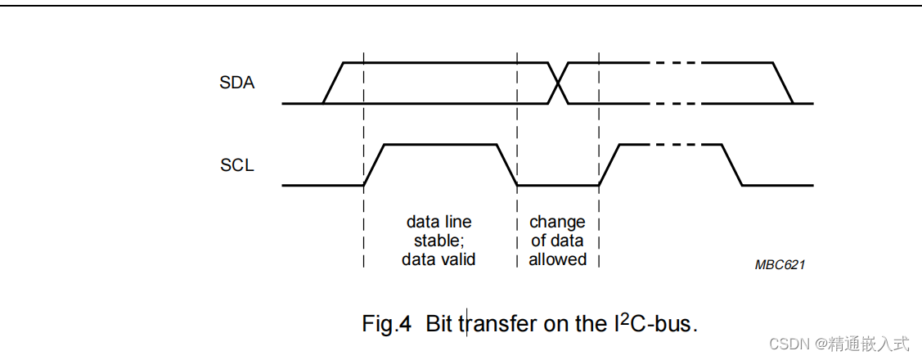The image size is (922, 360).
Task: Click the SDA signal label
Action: pyautogui.click(x=237, y=83)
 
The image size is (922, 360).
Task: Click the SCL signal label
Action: pyautogui.click(x=237, y=165)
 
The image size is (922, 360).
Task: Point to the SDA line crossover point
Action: pyautogui.click(x=558, y=83)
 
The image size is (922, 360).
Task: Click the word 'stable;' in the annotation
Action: pyautogui.click(x=439, y=241)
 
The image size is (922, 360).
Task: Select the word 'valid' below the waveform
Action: pyautogui.click(x=457, y=259)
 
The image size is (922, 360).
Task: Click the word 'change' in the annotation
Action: pyautogui.click(x=557, y=222)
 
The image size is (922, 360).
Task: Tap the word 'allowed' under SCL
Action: pyautogui.click(x=557, y=259)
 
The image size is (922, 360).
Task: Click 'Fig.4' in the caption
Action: pyautogui.click(x=385, y=323)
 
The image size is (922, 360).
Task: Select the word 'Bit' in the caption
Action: pyautogui.click(x=439, y=323)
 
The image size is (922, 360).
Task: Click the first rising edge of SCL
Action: pyautogui.click(x=374, y=164)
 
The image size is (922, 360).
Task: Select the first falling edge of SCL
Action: pyautogui.click(x=507, y=164)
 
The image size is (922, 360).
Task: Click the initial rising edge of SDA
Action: pyautogui.click(x=333, y=83)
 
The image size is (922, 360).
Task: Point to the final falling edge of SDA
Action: pyautogui.click(x=783, y=83)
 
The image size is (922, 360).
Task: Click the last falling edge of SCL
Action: pyautogui.click(x=732, y=164)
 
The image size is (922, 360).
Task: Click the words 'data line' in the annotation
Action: pyautogui.click(x=439, y=222)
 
